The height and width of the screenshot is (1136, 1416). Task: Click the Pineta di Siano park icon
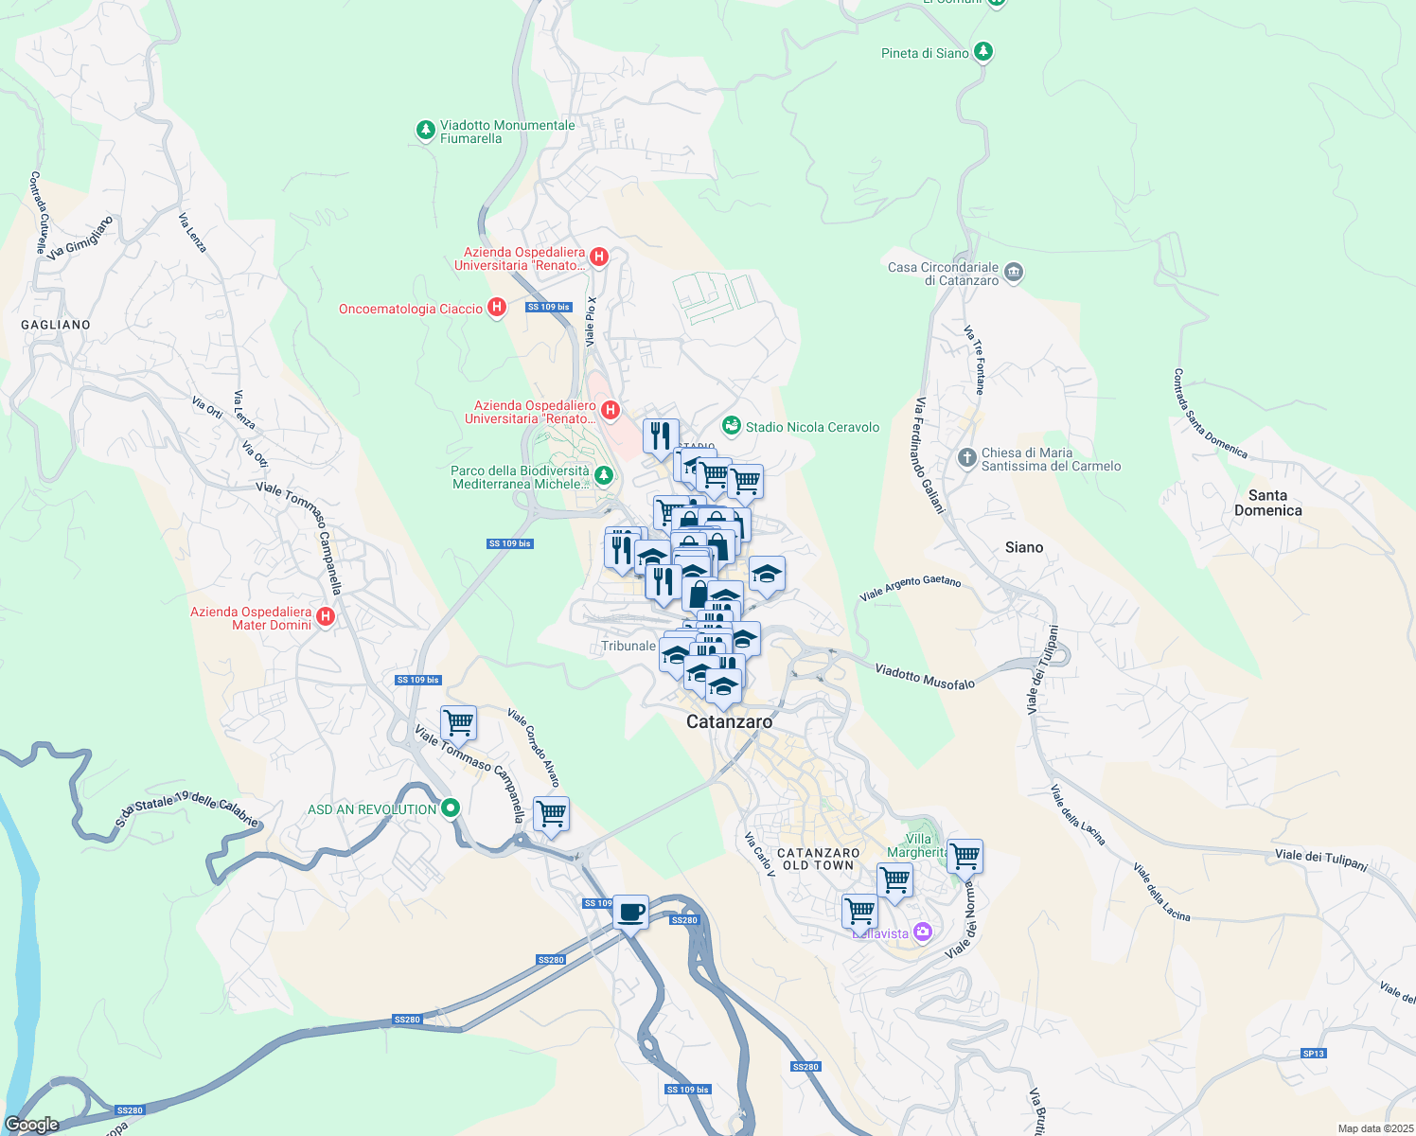[x=983, y=52]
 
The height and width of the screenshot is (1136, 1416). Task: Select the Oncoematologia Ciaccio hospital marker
[x=496, y=309]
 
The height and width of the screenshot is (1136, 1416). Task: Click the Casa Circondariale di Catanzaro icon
[x=1014, y=273]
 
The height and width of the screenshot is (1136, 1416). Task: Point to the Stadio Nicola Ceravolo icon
[x=731, y=427]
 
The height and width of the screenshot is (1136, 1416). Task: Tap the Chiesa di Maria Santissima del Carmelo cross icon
[x=966, y=458]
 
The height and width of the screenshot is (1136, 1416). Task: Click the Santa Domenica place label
[x=1267, y=503]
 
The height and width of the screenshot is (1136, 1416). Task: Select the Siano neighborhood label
[x=1024, y=547]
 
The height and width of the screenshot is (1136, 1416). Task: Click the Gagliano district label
[x=56, y=325]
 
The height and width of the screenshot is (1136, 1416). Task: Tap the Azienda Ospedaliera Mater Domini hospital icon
[x=326, y=617]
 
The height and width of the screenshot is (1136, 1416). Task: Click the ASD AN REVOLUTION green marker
[x=451, y=808]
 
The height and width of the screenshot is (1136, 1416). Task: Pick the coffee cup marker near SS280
[x=630, y=913]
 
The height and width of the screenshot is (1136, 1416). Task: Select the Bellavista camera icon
[x=923, y=932]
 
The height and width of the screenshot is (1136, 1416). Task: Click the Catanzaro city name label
[x=729, y=721]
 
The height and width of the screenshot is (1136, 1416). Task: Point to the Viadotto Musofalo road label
[x=924, y=676]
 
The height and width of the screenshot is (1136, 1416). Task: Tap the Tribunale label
[x=628, y=646]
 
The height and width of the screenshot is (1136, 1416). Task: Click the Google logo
[x=32, y=1124]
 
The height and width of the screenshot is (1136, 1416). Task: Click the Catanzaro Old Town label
[x=819, y=859]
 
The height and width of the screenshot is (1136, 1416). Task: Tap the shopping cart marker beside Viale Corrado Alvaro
[x=551, y=813]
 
